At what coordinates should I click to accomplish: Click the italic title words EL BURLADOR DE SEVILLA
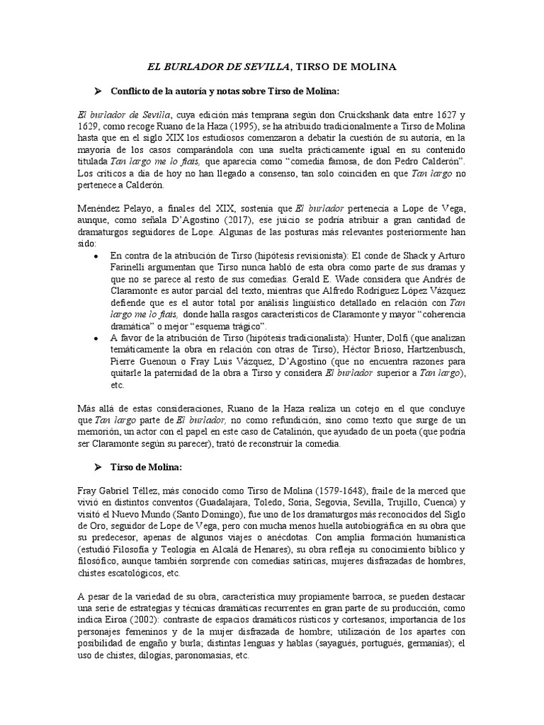click(217, 67)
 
